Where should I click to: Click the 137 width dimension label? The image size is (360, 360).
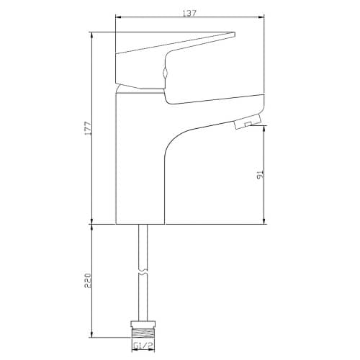[x=189, y=13]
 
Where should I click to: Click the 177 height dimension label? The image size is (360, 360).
[x=88, y=128]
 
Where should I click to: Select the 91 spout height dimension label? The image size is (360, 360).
[x=260, y=175]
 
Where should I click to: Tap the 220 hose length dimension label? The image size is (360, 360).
[x=88, y=280]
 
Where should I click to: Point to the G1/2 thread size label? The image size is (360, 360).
[x=144, y=346]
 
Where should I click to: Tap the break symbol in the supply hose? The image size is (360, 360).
[x=143, y=272]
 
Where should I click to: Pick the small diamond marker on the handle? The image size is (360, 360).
[x=165, y=72]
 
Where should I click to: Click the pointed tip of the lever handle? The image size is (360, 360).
[x=234, y=34]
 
